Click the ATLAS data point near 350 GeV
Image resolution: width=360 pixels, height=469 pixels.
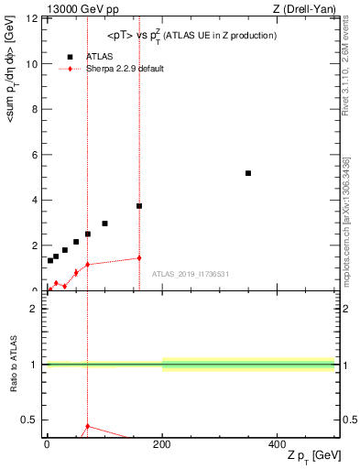coord(248,173)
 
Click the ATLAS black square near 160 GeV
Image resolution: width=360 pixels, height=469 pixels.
coord(139,206)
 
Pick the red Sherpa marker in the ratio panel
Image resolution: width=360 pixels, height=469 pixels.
coord(87,426)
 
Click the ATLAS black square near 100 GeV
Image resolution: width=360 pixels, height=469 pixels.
coord(104,224)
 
